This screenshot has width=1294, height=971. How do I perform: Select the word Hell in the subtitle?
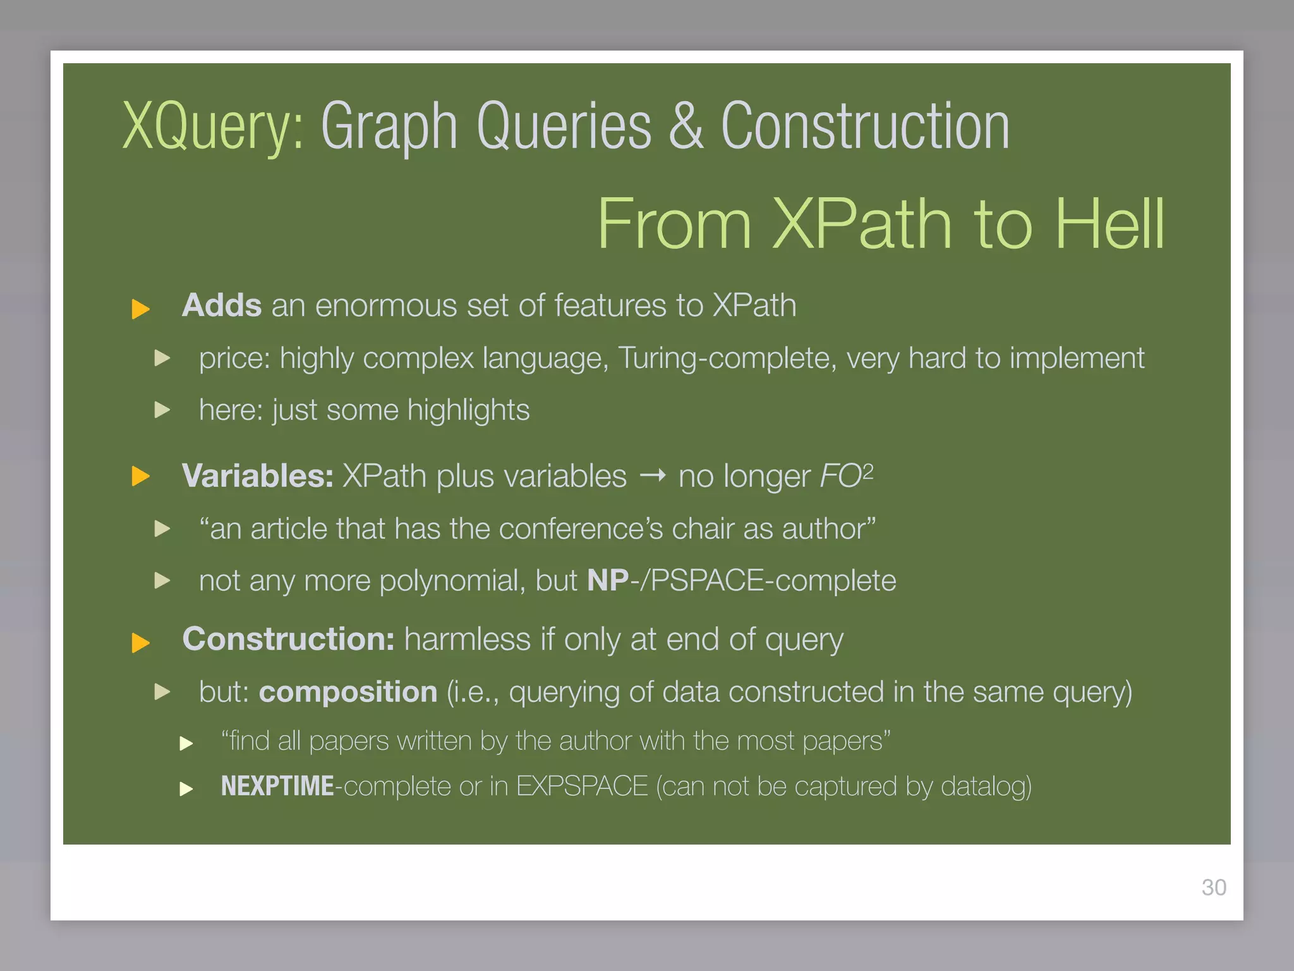[x=1109, y=224]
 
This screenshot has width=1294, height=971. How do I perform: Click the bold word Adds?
[x=222, y=305]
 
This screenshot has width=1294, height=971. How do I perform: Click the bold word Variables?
[x=257, y=476]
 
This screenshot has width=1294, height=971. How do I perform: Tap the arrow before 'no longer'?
[x=653, y=475]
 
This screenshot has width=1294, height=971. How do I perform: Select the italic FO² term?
[x=846, y=476]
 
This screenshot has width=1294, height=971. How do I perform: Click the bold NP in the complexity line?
[x=607, y=580]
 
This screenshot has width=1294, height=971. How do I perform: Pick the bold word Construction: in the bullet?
[x=288, y=639]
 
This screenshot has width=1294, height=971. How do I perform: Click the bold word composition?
[x=348, y=692]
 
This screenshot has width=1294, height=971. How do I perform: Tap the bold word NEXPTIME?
[x=277, y=786]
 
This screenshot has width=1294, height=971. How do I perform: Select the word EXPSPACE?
[x=582, y=786]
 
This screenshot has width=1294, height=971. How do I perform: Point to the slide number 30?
[x=1214, y=888]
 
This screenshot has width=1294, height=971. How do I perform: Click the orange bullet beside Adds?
[x=140, y=309]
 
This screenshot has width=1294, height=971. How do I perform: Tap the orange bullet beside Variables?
[x=140, y=477]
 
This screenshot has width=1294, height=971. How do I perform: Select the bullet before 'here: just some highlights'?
[x=162, y=410]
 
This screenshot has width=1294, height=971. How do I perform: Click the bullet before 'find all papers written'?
[x=186, y=743]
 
